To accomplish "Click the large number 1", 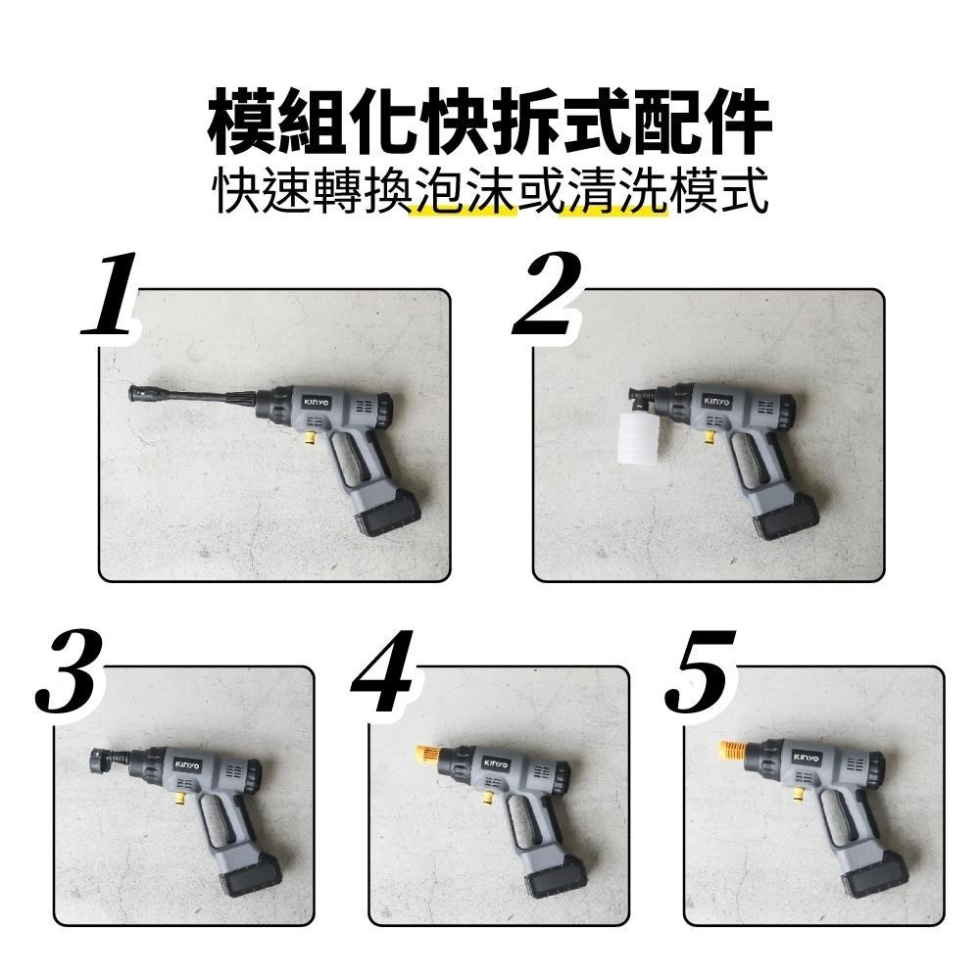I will [x=110, y=295].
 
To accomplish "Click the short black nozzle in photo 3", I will [x=102, y=759].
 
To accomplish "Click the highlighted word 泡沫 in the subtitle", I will [x=463, y=194].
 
